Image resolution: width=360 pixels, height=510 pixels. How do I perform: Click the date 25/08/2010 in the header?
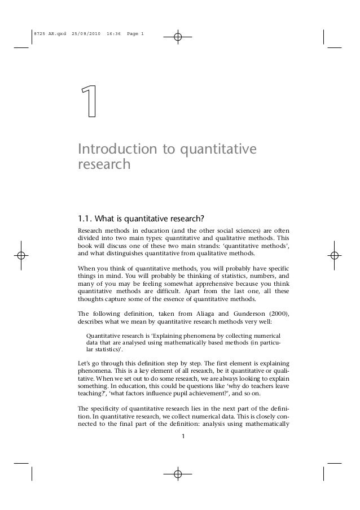pos(86,34)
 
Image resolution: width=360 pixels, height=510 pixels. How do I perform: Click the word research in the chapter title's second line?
pos(104,165)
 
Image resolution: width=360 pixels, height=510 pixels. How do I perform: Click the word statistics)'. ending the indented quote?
pos(112,350)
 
